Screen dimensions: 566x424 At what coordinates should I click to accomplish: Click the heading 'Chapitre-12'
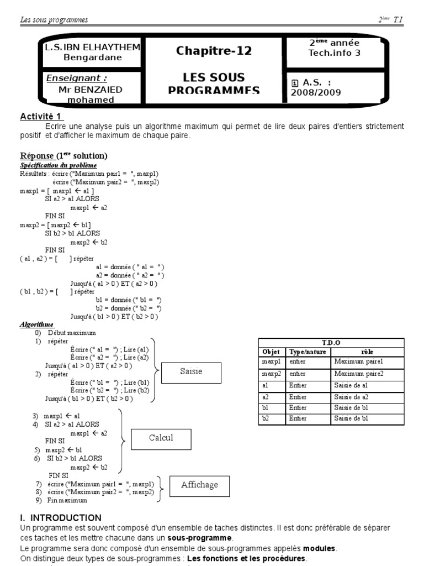pos(214,51)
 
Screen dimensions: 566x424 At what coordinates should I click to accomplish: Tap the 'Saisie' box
pos(191,372)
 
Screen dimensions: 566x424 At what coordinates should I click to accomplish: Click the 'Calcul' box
pos(161,438)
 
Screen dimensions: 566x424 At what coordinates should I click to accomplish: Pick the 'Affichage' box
pos(199,485)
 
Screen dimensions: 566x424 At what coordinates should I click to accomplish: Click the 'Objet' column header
pos(272,352)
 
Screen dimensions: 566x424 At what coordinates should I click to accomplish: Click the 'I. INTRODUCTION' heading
pos(60,518)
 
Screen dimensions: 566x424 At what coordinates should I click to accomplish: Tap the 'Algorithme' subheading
pos(37,325)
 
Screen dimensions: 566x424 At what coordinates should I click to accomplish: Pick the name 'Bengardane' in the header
pos(93,57)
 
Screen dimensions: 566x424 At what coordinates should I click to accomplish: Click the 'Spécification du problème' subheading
pos(59,165)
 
